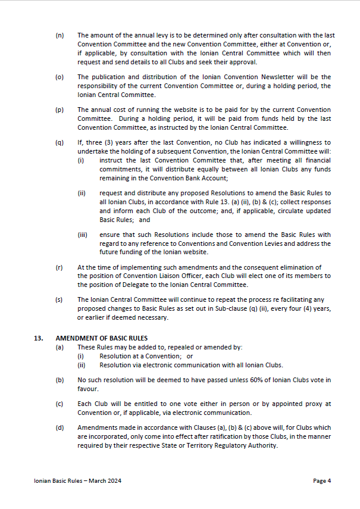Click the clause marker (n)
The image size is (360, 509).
coord(60,36)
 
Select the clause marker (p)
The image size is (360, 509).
coord(60,110)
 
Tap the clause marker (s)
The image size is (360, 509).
coord(60,300)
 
